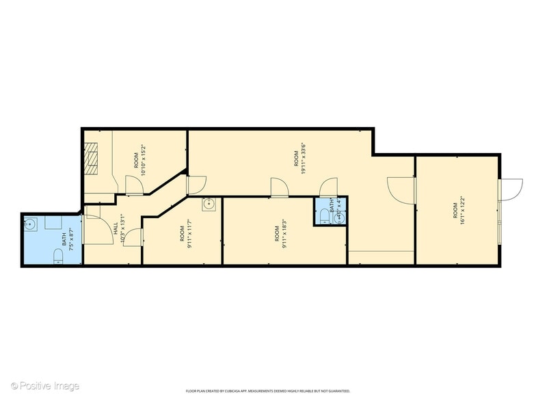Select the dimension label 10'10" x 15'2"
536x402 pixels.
144,160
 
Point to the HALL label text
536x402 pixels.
116,232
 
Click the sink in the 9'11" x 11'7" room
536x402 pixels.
209,204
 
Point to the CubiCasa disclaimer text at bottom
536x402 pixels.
268,391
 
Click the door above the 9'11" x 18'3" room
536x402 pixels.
279,187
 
